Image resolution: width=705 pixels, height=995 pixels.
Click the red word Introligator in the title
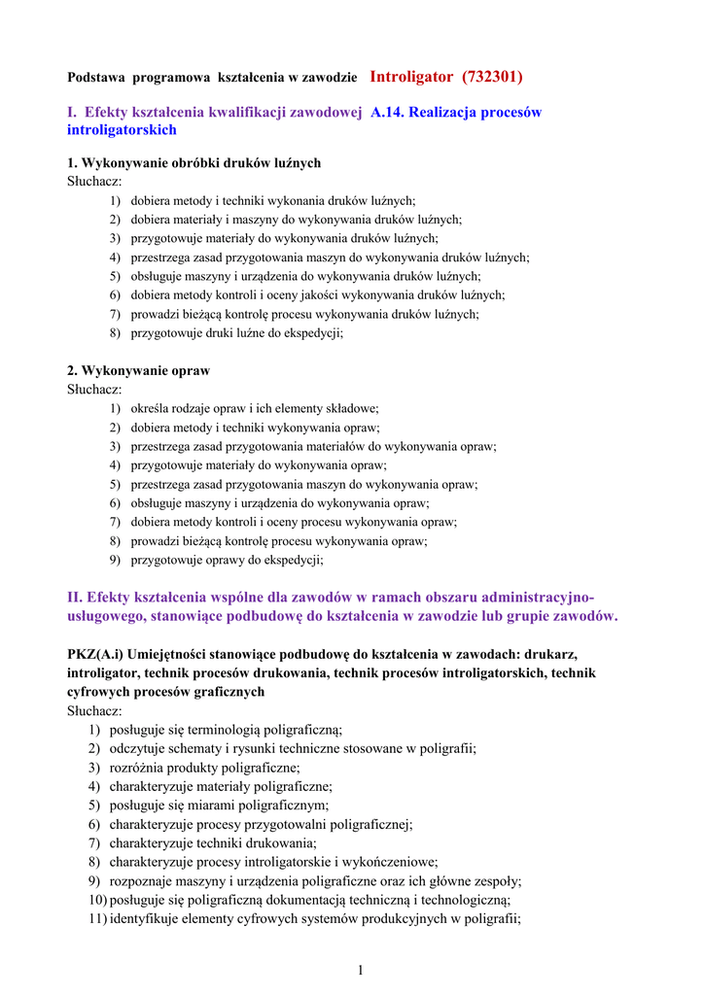coord(411,76)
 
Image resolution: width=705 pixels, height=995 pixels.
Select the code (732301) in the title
coord(492,76)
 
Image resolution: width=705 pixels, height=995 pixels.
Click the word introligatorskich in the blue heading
coord(122,130)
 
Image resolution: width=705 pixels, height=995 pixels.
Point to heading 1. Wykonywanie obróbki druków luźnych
coord(194,163)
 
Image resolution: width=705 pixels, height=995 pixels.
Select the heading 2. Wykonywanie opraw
coord(138,371)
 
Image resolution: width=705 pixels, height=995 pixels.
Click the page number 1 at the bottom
coord(359,970)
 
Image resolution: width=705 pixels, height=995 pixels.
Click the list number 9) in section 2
coord(115,560)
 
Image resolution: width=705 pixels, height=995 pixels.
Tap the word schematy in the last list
coord(202,748)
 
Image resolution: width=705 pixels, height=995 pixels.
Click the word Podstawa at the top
coord(95,77)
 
